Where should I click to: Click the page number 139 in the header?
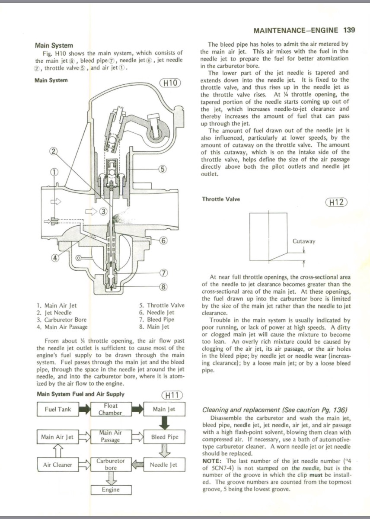(x=348, y=30)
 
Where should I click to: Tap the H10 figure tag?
(x=170, y=83)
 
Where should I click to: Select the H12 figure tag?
(x=336, y=202)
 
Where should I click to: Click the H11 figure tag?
(x=172, y=395)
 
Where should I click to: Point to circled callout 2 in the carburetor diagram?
(x=54, y=151)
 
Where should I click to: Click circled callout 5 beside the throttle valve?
(x=163, y=169)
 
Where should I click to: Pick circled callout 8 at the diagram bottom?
(x=163, y=287)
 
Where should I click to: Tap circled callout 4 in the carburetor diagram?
(x=55, y=258)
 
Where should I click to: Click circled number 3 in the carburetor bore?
(x=103, y=211)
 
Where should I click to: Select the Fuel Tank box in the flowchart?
(x=58, y=409)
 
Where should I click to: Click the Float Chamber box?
(x=111, y=409)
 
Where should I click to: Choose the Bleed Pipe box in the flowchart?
(x=164, y=437)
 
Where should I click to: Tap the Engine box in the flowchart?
(x=111, y=490)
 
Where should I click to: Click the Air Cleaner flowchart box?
(x=57, y=465)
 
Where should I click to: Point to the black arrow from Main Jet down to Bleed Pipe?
(x=164, y=423)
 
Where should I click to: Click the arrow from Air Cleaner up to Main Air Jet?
(x=58, y=451)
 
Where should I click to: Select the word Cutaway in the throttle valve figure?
(x=304, y=241)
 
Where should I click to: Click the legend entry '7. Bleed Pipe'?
(x=156, y=320)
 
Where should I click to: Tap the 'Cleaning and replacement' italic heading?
(x=241, y=410)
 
